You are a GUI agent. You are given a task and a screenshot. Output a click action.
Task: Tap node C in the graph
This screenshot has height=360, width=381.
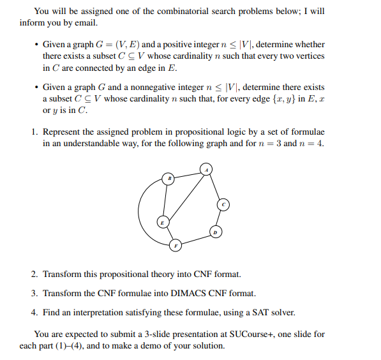click(x=223, y=204)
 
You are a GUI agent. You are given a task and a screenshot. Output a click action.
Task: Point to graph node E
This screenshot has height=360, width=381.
click(x=163, y=221)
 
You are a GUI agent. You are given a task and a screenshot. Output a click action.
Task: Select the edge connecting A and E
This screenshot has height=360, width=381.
click(x=184, y=195)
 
